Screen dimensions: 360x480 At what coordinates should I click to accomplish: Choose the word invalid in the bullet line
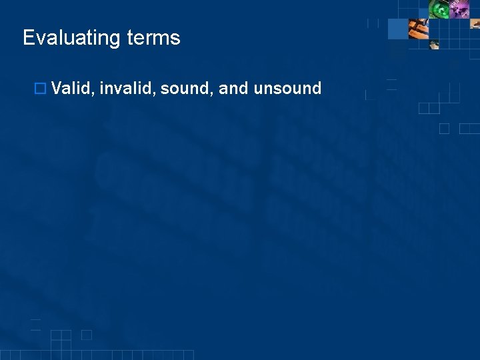coord(129,88)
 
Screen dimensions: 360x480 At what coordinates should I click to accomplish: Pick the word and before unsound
coord(233,88)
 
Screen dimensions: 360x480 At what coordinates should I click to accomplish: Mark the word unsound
coord(288,88)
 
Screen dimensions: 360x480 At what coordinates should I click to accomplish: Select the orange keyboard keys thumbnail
coord(418,29)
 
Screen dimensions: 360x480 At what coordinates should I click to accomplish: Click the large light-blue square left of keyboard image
coord(397,29)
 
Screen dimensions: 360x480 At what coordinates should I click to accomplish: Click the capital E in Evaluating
coord(28,38)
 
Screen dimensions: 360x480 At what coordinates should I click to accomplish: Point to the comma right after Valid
coord(93,93)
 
